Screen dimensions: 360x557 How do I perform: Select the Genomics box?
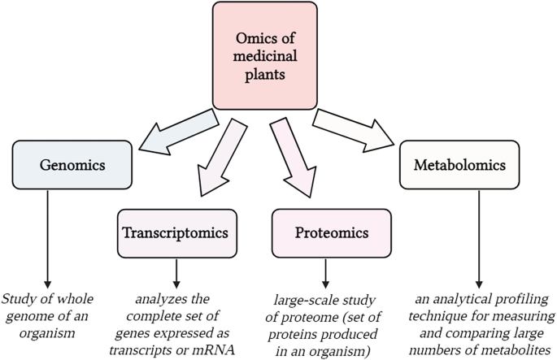click(72, 165)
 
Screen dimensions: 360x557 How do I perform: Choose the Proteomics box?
click(331, 233)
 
